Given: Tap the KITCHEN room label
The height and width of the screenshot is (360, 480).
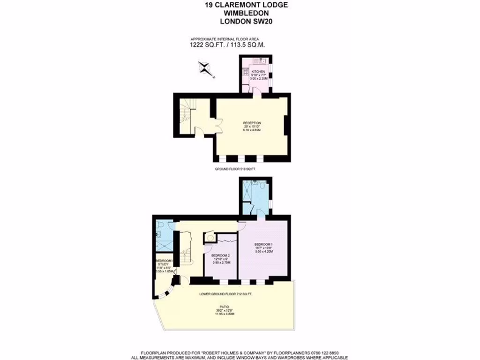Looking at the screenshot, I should (x=257, y=72).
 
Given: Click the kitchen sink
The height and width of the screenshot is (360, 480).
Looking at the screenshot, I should (x=261, y=60).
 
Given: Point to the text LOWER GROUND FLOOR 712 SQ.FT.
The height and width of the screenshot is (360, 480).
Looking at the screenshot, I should (x=225, y=294).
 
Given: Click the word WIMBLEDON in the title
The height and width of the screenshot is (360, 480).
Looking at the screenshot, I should (x=240, y=13).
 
